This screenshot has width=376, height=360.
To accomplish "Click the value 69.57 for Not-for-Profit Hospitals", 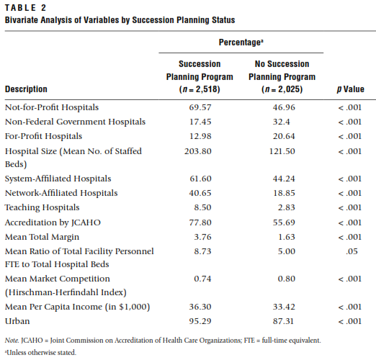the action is (200, 107).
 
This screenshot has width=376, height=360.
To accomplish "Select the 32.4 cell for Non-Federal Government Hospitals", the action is (281, 122).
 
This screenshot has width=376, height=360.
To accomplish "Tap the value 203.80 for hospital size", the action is (198, 151).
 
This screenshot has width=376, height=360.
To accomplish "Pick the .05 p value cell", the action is (352, 251).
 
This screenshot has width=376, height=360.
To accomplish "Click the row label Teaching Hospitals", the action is (42, 207).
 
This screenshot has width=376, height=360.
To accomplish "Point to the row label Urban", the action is (17, 321).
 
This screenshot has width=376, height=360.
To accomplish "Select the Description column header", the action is (26, 89).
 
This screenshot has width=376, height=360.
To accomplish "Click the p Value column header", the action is (351, 89).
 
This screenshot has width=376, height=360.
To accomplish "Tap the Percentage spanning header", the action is (241, 42).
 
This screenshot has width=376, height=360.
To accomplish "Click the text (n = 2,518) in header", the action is (200, 89).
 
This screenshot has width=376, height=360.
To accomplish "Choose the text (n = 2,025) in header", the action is (282, 89).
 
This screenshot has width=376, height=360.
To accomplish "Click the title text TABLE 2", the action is (25, 8).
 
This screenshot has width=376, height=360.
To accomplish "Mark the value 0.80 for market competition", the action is (286, 279).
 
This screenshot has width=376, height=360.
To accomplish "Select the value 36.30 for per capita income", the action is (200, 307).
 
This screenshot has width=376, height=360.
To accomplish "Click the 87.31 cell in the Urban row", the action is (283, 321).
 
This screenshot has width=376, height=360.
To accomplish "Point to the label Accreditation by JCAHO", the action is (53, 222).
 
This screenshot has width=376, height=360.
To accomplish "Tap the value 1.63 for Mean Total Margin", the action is (286, 237).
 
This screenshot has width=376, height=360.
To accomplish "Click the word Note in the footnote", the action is (12, 341).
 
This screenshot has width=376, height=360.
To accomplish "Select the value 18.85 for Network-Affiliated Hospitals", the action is (284, 193).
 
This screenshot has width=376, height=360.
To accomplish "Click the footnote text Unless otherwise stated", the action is (41, 352).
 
